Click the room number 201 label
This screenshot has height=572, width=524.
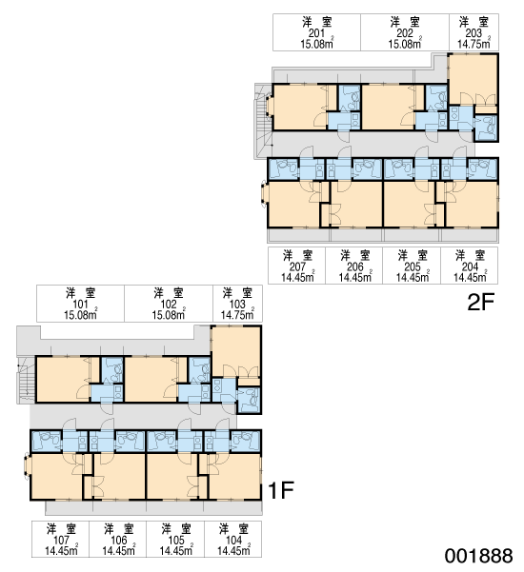pos(316,33)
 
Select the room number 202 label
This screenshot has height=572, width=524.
pos(405,33)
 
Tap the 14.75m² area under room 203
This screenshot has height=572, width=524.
pos(474,44)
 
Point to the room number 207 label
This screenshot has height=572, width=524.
pos(297,267)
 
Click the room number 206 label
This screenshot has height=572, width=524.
pos(355,267)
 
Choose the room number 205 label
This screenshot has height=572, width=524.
pos(413,267)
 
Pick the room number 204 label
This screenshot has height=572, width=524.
pos(470,267)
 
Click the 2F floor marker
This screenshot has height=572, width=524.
pos(481,302)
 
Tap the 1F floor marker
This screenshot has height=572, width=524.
pos(280,490)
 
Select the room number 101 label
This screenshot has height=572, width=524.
pos(80,305)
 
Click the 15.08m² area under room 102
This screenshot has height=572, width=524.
pos(169,315)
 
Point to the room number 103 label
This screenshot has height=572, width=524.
pos(237,305)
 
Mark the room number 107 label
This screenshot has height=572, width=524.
pos(61,541)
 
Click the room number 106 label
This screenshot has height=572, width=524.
pos(119,541)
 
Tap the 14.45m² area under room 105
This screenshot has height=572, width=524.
pos(176,550)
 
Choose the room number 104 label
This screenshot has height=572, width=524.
pos(233,541)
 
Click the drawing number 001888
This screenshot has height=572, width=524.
pos(478,556)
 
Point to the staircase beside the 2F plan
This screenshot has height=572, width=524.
pos(263,121)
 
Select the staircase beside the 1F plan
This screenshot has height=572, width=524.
pos(26,380)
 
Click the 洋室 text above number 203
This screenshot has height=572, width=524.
pos(474,22)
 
